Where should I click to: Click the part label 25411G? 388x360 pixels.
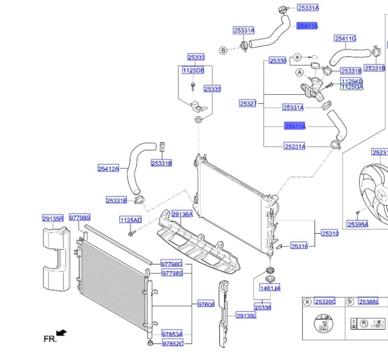(345, 38)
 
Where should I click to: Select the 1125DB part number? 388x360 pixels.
(193, 71)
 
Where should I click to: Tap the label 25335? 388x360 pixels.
(212, 89)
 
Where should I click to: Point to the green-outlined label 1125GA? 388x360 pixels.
(352, 87)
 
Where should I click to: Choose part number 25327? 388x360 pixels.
(248, 104)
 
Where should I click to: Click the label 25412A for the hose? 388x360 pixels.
(108, 169)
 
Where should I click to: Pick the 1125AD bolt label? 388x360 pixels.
(130, 220)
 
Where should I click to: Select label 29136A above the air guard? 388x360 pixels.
(182, 214)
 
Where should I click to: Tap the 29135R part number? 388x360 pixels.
(53, 219)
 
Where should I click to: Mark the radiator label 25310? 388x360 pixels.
(330, 234)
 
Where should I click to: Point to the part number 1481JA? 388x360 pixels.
(270, 288)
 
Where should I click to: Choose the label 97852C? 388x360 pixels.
(172, 343)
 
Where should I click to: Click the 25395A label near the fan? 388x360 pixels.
(358, 224)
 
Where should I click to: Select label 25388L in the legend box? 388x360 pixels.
(368, 302)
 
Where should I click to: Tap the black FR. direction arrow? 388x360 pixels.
(61, 333)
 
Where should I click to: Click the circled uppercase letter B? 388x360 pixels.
(223, 50)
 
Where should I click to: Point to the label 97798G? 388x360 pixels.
(172, 264)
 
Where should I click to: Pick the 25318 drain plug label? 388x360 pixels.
(299, 246)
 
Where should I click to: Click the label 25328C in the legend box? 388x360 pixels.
(325, 302)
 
